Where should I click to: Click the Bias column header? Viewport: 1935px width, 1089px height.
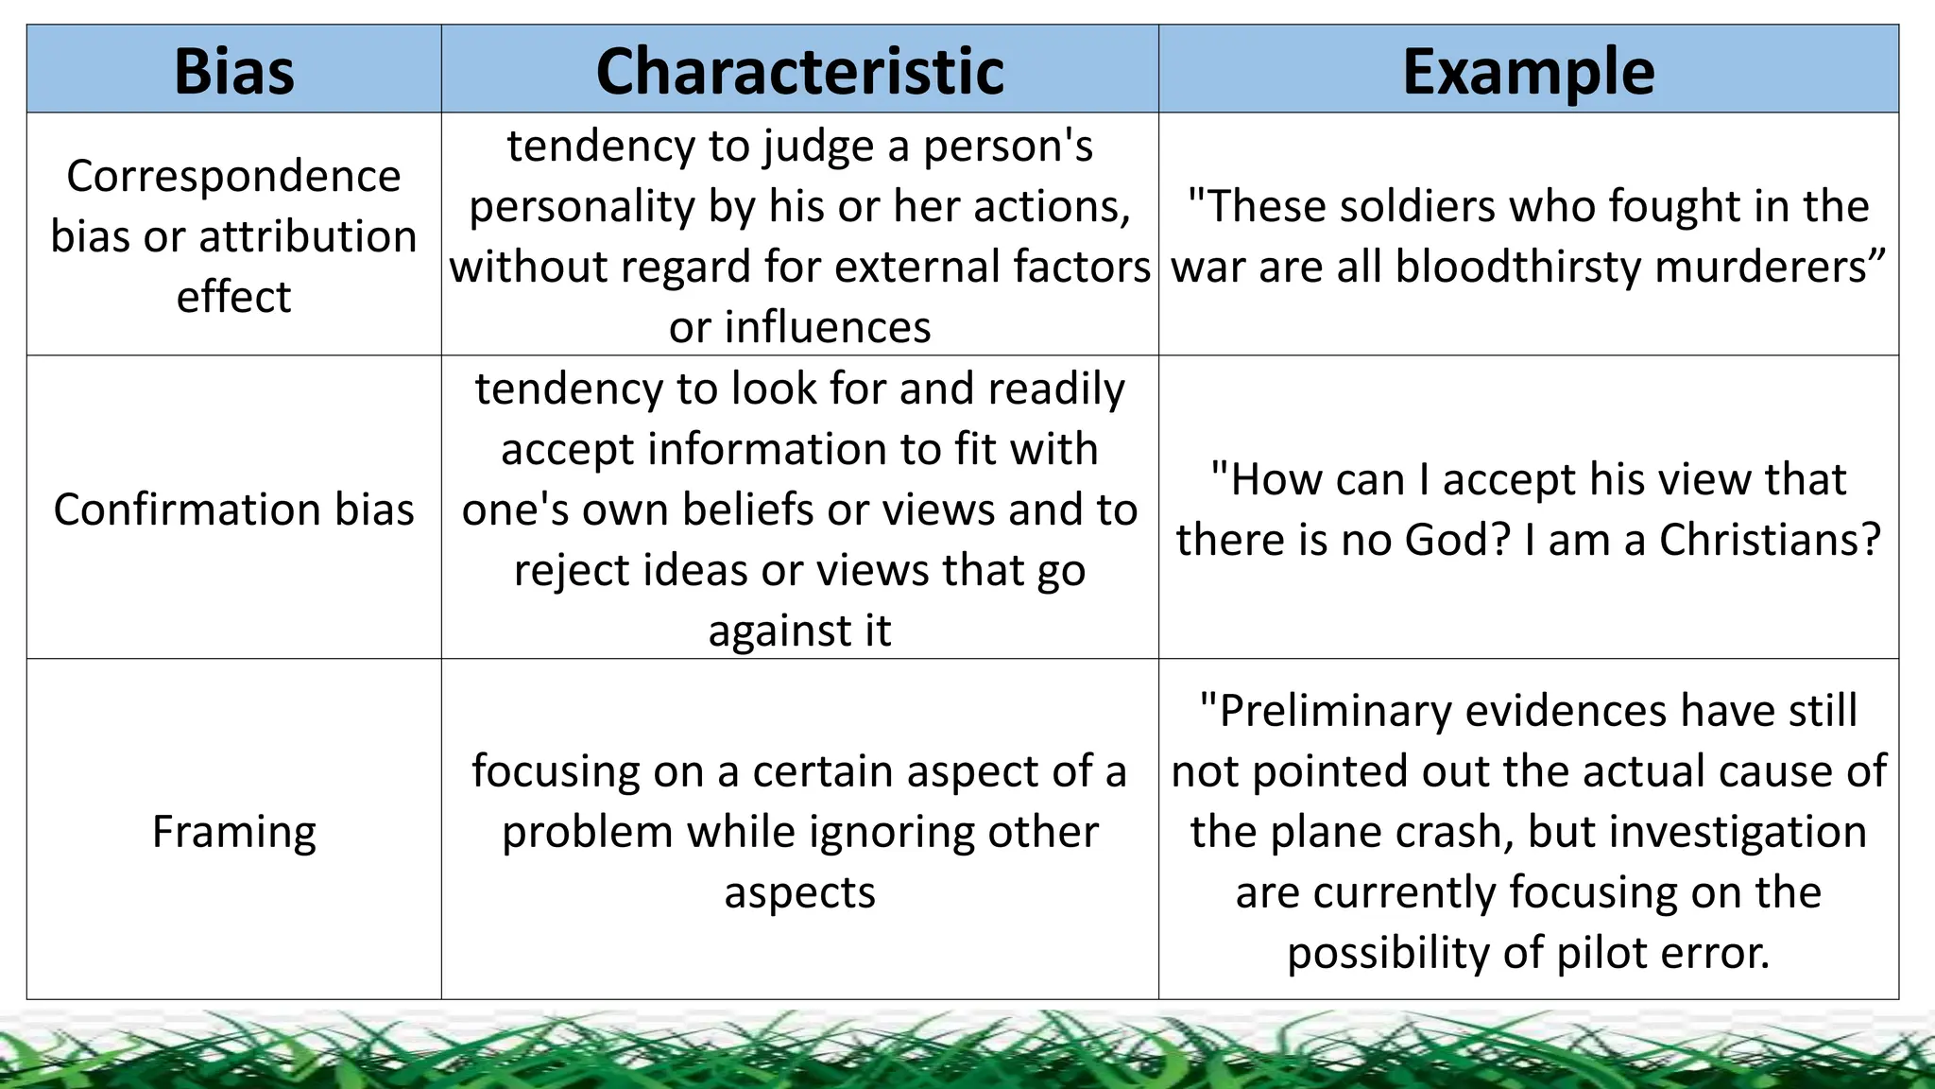click(233, 71)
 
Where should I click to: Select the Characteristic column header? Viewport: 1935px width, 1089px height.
click(799, 71)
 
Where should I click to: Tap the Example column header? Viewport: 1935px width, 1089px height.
click(1528, 71)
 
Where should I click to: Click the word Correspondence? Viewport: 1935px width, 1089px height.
click(233, 176)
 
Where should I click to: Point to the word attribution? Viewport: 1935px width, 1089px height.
click(307, 236)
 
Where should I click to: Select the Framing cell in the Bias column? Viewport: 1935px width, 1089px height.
click(233, 832)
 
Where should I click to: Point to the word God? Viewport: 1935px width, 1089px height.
click(1457, 540)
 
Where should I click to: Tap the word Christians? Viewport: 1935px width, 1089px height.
click(1770, 540)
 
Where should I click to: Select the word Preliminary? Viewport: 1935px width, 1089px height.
click(1334, 711)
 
